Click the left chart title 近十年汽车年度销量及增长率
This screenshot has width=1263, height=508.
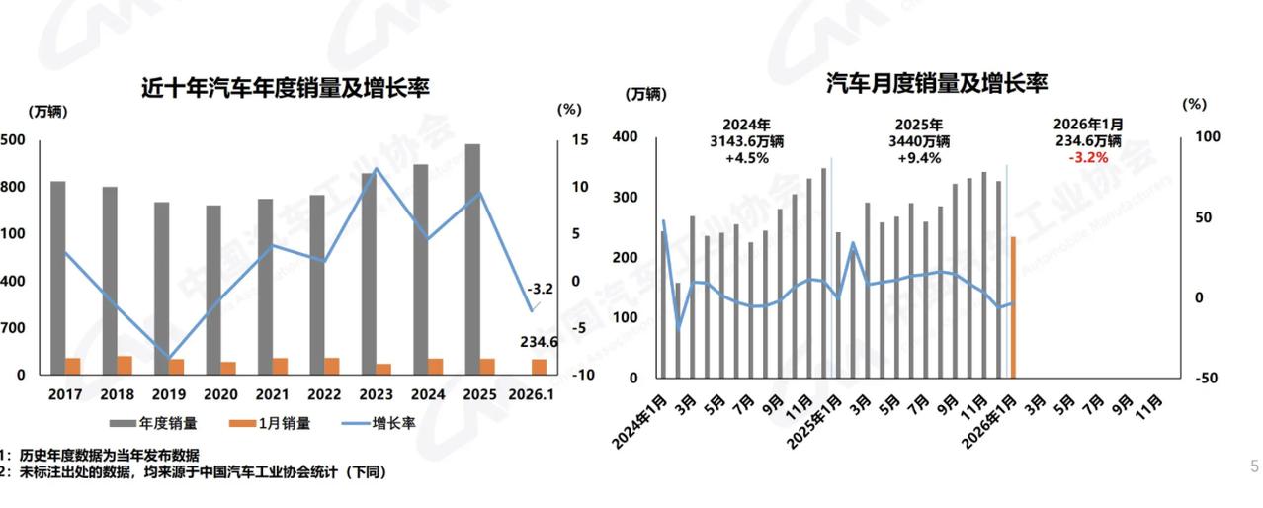pos(285,88)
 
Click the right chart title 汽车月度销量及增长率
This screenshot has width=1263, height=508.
pos(936,83)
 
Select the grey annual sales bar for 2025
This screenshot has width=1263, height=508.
pos(472,257)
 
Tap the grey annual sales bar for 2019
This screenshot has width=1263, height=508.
pos(162,287)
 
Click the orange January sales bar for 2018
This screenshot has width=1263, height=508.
pos(125,366)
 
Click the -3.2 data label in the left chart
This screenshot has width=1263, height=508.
pos(540,290)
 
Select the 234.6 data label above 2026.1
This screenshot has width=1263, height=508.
pos(539,342)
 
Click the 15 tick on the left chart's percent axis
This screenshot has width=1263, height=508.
pos(581,140)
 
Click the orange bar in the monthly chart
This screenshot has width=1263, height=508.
pos(1014,306)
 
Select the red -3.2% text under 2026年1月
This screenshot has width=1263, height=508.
pos(1087,157)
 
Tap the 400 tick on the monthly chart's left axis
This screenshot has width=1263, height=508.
pos(626,137)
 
